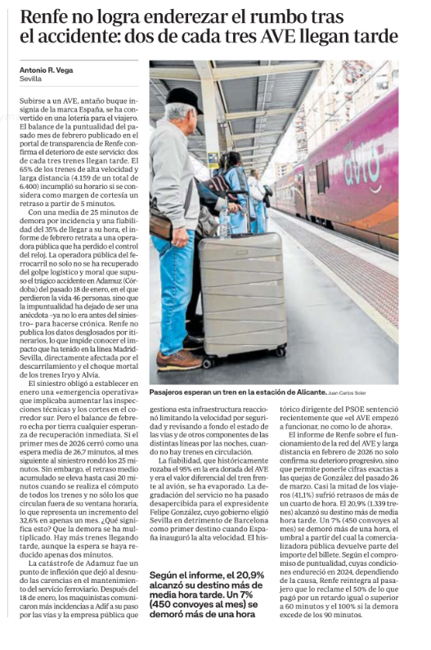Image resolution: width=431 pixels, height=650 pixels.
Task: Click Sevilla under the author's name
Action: point(30,79)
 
